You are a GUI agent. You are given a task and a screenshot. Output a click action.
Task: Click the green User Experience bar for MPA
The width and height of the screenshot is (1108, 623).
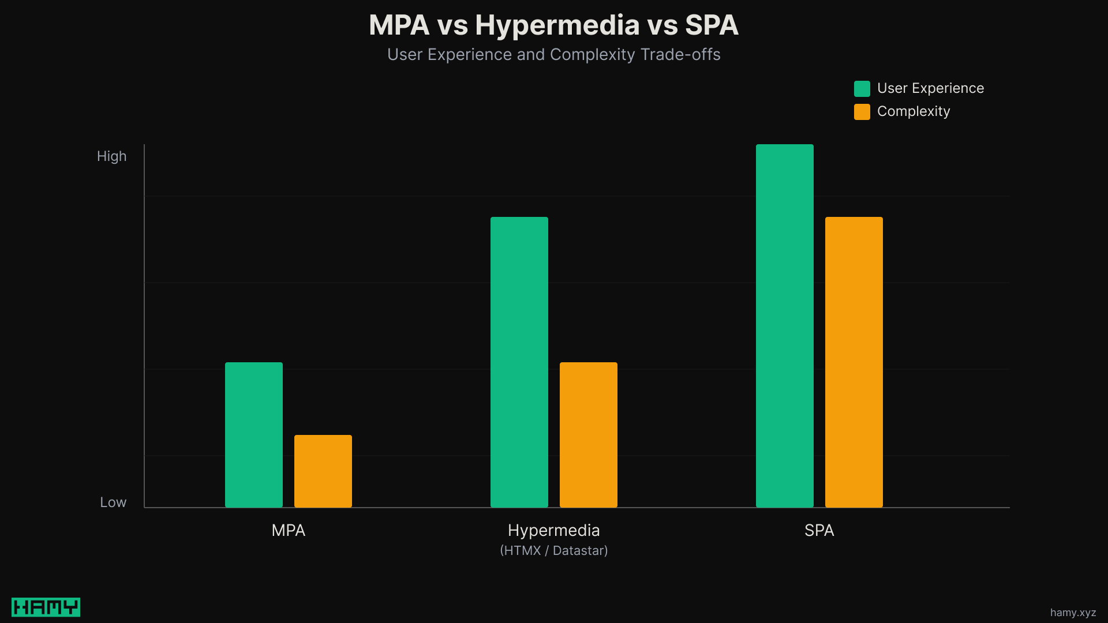[x=254, y=435]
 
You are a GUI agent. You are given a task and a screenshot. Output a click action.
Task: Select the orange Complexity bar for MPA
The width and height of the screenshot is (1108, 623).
[x=323, y=471]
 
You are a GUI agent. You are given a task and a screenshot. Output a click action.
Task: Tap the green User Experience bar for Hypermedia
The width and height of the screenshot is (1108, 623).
[x=519, y=362]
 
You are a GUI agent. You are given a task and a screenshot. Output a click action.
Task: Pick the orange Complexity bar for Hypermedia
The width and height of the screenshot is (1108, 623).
[x=589, y=435]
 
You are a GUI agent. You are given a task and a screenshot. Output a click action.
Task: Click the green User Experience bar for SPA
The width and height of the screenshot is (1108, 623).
[x=785, y=326]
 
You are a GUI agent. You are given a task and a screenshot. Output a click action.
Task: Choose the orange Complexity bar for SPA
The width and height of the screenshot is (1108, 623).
[x=854, y=362]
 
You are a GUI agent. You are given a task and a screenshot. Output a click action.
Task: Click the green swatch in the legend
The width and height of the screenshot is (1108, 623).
[x=862, y=88]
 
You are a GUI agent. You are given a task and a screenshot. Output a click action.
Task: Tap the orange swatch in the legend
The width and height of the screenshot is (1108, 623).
[x=862, y=111]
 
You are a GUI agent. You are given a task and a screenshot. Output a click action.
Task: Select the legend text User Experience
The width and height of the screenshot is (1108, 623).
[x=930, y=88]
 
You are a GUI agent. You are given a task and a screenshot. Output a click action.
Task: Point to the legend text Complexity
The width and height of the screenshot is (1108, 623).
[x=913, y=111]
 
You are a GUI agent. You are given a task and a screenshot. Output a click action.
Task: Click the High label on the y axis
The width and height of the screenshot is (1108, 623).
[x=111, y=156]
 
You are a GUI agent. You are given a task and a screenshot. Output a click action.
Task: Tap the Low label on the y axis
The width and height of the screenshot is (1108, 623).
[x=113, y=502]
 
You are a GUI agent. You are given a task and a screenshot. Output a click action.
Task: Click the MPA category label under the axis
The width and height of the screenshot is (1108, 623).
[x=288, y=530]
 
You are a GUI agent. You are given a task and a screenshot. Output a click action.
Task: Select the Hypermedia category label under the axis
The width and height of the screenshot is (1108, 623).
[x=553, y=530]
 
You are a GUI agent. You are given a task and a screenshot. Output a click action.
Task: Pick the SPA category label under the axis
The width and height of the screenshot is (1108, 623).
[x=819, y=530]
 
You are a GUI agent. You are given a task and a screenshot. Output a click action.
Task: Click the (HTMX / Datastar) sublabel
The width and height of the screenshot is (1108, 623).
[x=553, y=550]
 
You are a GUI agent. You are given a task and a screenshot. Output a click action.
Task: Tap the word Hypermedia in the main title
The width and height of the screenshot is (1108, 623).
[x=557, y=25]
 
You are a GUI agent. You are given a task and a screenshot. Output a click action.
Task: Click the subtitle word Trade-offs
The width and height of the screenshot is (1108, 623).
[x=680, y=55]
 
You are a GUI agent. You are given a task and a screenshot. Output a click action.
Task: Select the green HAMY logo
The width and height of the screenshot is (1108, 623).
[x=46, y=607]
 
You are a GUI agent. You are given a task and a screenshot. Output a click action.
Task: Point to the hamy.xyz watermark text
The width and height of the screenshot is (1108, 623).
[x=1073, y=613]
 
